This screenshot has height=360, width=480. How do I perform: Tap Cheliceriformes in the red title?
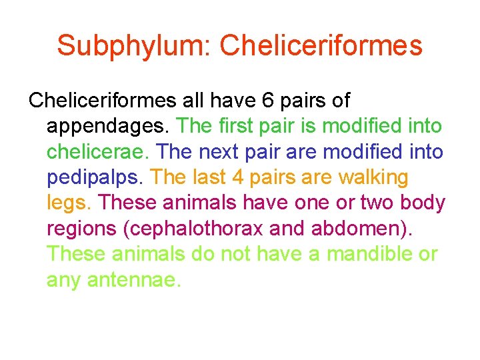(x=321, y=47)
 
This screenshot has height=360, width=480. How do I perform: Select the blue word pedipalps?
(x=96, y=178)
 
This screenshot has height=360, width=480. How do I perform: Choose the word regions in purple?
(x=81, y=229)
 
